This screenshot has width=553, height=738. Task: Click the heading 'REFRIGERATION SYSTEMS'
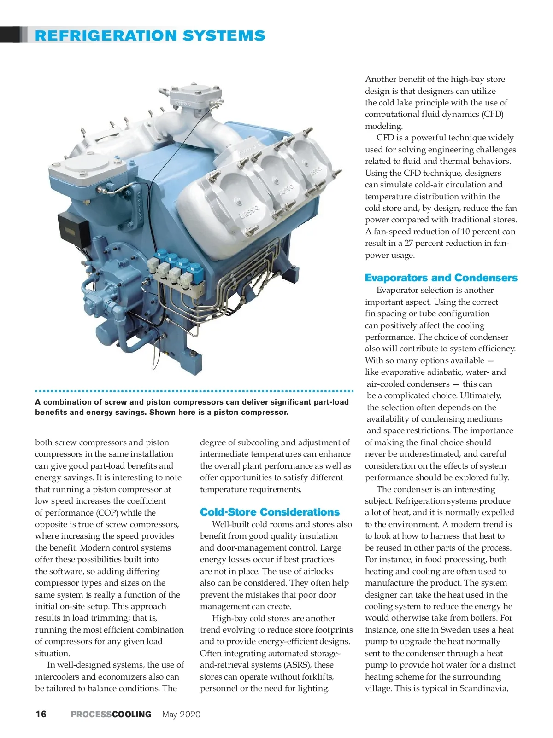[150, 35]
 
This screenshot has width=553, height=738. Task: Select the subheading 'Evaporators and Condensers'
[441, 278]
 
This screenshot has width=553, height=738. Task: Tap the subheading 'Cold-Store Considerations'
[270, 512]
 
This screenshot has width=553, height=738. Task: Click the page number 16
[41, 714]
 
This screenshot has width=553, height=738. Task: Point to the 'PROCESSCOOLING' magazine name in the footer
[111, 714]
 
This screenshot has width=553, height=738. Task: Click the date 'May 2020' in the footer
[181, 714]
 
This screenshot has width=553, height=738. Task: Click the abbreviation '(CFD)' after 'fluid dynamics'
[493, 114]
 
